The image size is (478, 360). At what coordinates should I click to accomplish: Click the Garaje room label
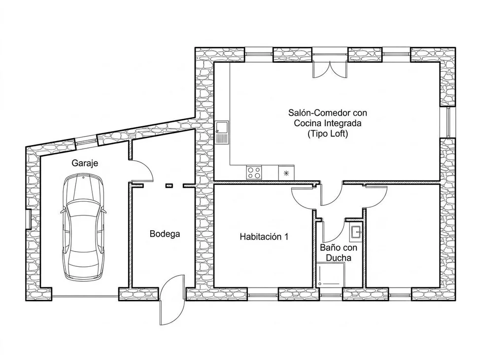(x=85, y=163)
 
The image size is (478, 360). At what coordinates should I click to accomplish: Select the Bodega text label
(x=165, y=234)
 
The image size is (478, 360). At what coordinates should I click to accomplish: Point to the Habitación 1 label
(x=264, y=237)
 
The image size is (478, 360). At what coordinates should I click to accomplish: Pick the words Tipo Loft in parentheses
(x=328, y=134)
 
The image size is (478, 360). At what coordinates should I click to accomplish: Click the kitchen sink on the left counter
(x=222, y=132)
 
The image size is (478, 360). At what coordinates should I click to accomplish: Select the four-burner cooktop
(x=254, y=173)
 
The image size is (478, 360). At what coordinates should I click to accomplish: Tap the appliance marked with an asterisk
(x=286, y=173)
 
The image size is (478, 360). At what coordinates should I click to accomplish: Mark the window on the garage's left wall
(x=29, y=219)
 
